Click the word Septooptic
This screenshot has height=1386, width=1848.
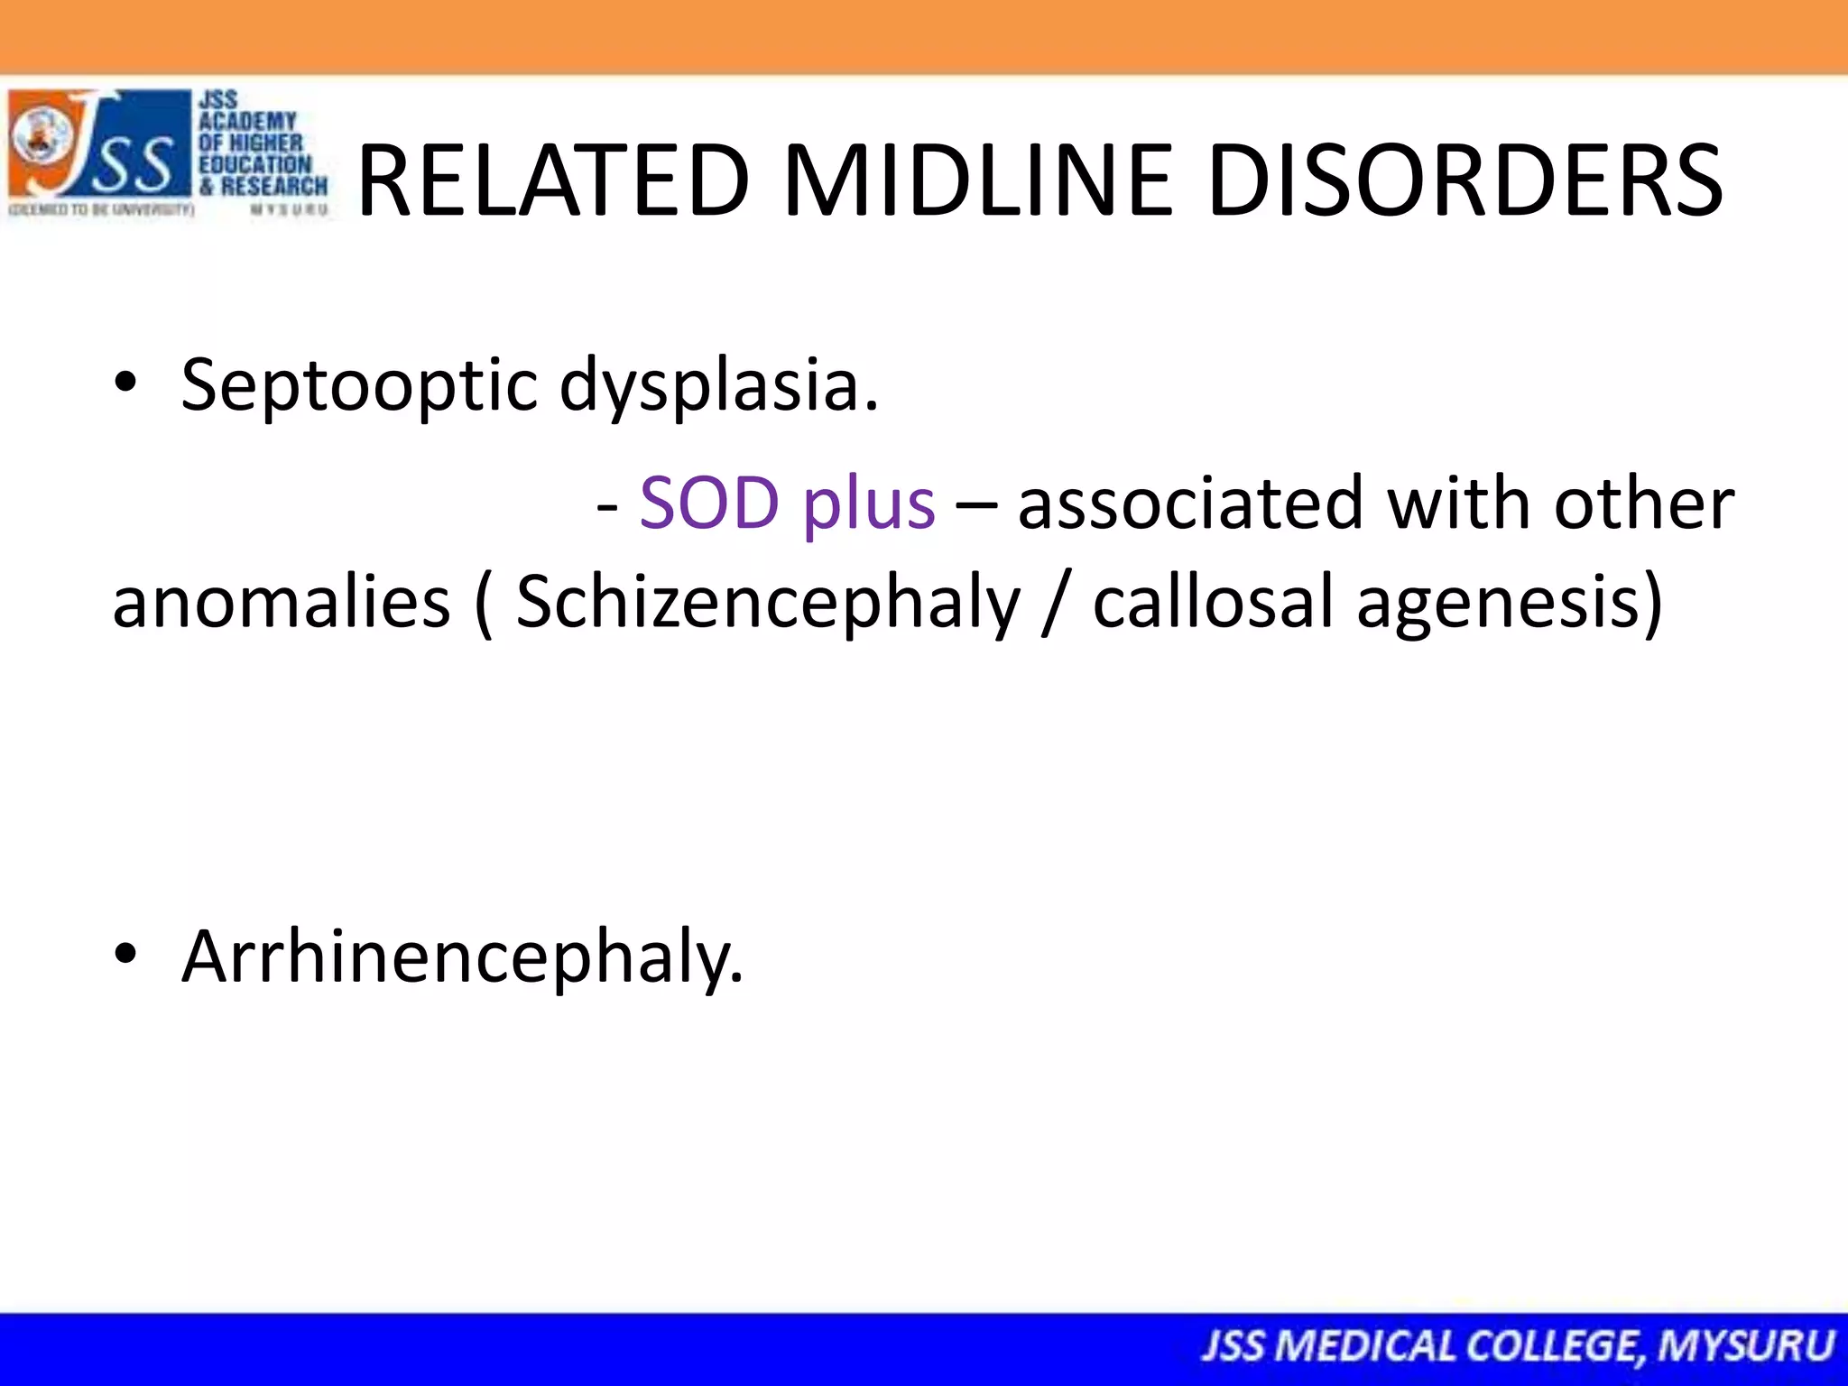pos(359,386)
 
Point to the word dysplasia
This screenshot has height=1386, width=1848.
pos(718,386)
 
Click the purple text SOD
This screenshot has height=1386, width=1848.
pos(709,503)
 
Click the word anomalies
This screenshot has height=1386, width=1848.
pos(281,602)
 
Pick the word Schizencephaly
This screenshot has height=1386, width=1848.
pos(768,604)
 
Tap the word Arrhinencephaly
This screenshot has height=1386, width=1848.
pos(462,956)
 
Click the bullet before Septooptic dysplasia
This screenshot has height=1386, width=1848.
pos(125,383)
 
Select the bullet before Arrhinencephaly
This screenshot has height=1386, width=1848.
pos(125,953)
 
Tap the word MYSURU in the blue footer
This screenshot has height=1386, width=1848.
pos(1746,1346)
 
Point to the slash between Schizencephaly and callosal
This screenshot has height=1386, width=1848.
pos(1051,602)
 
